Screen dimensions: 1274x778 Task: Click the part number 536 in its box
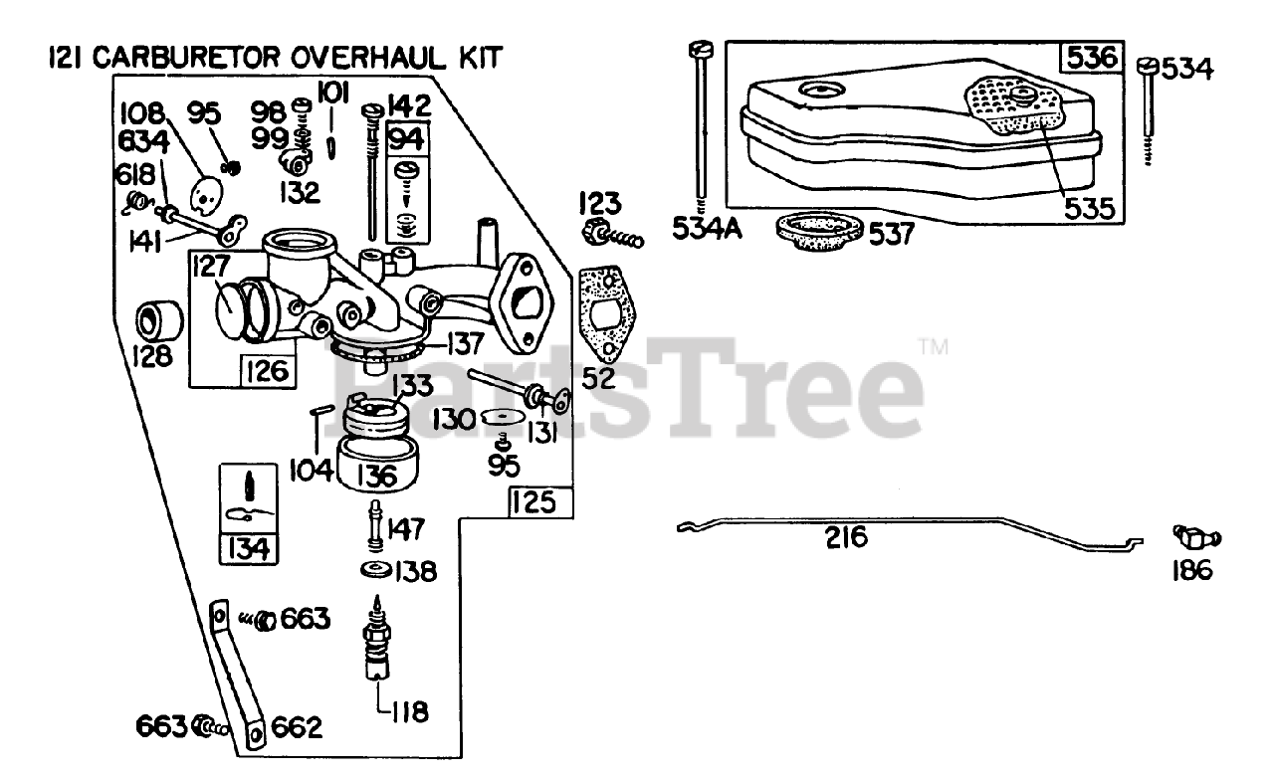pyautogui.click(x=1094, y=59)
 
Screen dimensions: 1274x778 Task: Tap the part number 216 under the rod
pyautogui.click(x=846, y=538)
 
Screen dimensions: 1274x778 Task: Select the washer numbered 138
pyautogui.click(x=377, y=571)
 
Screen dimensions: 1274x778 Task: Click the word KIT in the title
pyautogui.click(x=465, y=58)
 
